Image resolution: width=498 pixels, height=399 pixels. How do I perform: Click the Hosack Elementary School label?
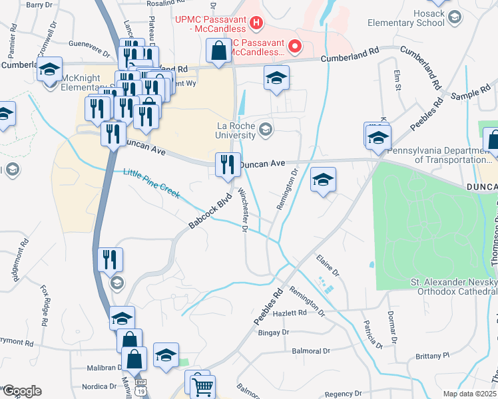coord(406,18)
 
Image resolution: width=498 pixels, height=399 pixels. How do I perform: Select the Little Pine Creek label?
coord(151,183)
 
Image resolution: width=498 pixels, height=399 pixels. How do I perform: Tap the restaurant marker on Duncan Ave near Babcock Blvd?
coord(228,164)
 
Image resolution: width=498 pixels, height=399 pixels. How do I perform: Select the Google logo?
coord(21,391)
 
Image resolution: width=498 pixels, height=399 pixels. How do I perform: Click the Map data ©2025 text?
coord(469,394)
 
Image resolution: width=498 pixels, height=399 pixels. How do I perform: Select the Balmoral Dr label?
coord(308,350)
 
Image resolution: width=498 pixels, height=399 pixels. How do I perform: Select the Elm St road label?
coord(397,77)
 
